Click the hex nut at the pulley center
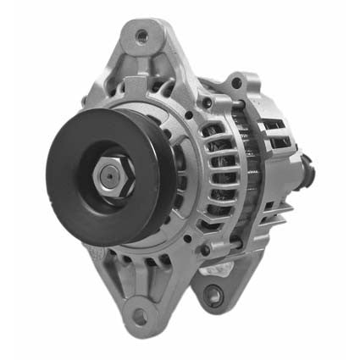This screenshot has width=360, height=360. click(x=108, y=175)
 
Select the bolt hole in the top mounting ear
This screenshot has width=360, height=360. click(x=141, y=36)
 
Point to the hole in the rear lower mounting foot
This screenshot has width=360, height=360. click(x=213, y=295)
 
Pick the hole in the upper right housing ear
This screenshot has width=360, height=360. click(x=241, y=84)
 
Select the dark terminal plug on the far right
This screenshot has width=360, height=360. click(x=306, y=173)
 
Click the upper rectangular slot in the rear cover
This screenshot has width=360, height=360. click(x=273, y=127)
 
